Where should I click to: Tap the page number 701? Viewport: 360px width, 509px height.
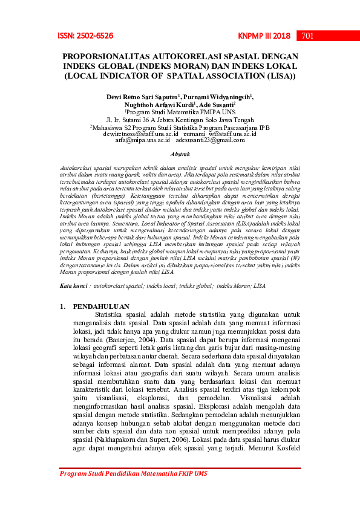pyautogui.click(x=307, y=36)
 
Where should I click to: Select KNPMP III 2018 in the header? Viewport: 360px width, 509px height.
pyautogui.click(x=264, y=36)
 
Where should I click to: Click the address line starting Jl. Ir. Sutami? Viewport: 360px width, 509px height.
pyautogui.click(x=180, y=120)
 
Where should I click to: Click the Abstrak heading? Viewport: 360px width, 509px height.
pyautogui.click(x=180, y=155)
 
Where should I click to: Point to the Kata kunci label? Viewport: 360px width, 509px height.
pyautogui.click(x=77, y=284)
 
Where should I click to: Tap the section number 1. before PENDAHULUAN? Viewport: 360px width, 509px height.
pyautogui.click(x=63, y=307)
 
